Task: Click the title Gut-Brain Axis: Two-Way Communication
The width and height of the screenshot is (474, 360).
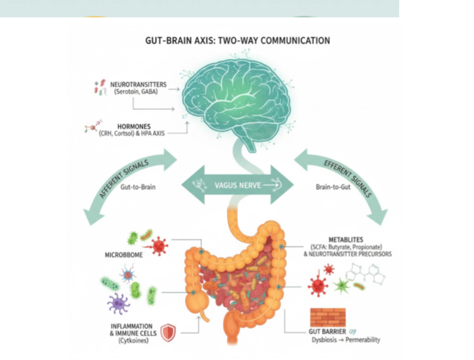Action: (238, 40)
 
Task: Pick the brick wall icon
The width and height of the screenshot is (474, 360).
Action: (327, 318)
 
